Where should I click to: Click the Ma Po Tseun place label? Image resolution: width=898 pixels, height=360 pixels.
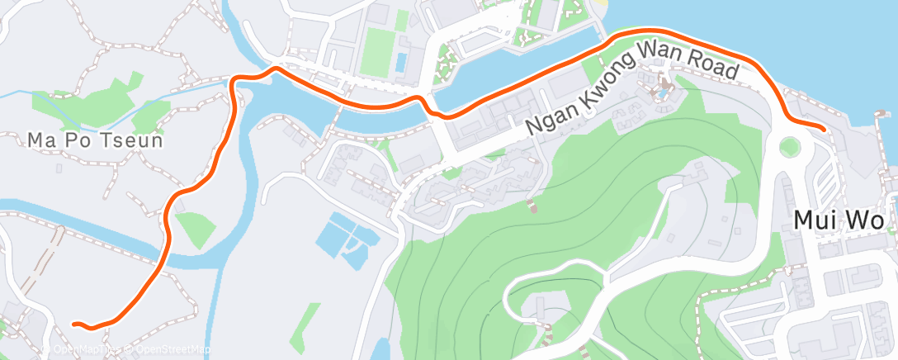coord(95,141)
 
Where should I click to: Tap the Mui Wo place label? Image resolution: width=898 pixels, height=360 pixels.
coord(839,221)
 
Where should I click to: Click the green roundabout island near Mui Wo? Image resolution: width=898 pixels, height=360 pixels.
coord(790,148)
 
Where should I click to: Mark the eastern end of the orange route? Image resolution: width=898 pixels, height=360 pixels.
coord(824,127)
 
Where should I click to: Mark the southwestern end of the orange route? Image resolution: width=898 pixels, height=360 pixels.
coord(75,324)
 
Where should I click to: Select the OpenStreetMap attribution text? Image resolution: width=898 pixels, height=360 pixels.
coord(165,349)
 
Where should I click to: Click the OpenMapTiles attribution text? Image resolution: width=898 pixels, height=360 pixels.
coord(87,349)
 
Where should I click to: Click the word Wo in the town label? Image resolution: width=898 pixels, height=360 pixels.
coord(867,221)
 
